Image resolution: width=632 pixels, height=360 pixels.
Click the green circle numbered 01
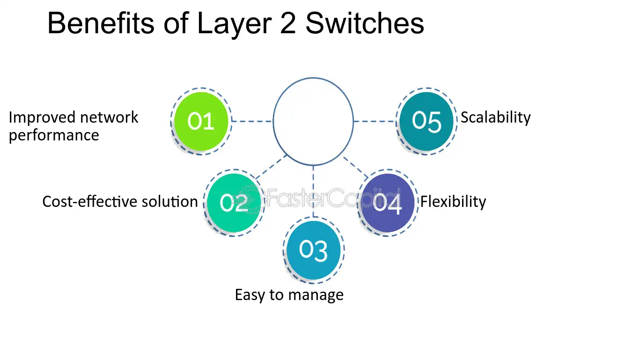[x=201, y=121]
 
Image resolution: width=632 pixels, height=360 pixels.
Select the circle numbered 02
[x=234, y=203]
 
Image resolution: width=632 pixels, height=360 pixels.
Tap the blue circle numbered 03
[x=314, y=250]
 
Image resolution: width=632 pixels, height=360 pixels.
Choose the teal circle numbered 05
[x=426, y=121]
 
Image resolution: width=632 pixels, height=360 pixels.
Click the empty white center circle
[x=313, y=121]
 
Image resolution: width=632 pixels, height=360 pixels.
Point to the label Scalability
[x=495, y=118]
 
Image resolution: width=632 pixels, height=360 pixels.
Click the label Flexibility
[x=453, y=202]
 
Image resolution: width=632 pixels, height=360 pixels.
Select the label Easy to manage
[x=289, y=295]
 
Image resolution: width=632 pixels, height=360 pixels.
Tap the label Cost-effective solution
[x=120, y=202]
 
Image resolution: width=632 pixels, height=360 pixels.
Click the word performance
[x=54, y=136]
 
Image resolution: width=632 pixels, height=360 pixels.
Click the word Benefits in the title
[x=101, y=23]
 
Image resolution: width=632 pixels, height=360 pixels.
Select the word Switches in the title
[x=365, y=23]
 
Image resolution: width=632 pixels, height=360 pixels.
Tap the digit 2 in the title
[x=288, y=23]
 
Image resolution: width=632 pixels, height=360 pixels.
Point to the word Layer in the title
[x=235, y=24]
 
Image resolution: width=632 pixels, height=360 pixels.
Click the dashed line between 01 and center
[x=252, y=121]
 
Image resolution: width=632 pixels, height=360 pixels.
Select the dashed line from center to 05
[x=375, y=121]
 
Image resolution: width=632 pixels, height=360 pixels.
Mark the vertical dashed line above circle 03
[x=313, y=191]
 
